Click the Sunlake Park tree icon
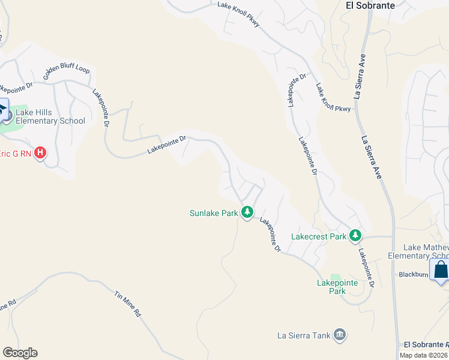[x=247, y=212]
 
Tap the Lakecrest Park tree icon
[x=355, y=236]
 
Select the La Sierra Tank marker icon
[x=340, y=335]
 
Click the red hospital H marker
[x=40, y=153]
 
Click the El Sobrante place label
[x=370, y=5]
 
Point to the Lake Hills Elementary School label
[x=50, y=116]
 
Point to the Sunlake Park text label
[x=214, y=213]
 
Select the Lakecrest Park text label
[x=318, y=236]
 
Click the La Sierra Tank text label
[x=303, y=335]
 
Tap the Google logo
[x=20, y=353]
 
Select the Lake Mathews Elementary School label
[x=426, y=251]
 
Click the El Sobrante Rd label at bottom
[x=426, y=344]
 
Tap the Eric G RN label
[x=16, y=154]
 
